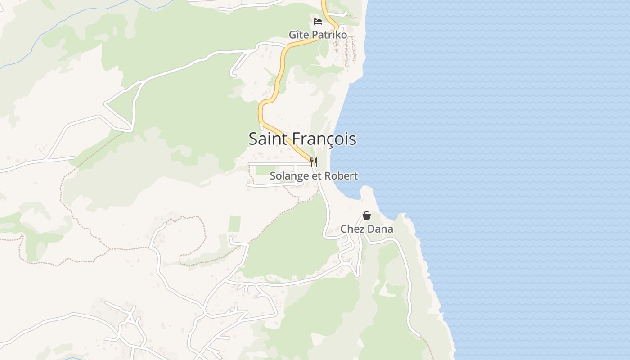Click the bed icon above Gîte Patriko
click(318, 21)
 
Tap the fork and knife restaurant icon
click(314, 162)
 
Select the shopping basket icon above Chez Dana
click(367, 216)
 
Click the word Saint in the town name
click(268, 139)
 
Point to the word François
click(324, 139)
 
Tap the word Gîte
click(298, 35)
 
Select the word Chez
click(351, 229)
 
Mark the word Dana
click(381, 229)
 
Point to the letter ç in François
click(327, 139)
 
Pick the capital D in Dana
click(372, 229)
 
